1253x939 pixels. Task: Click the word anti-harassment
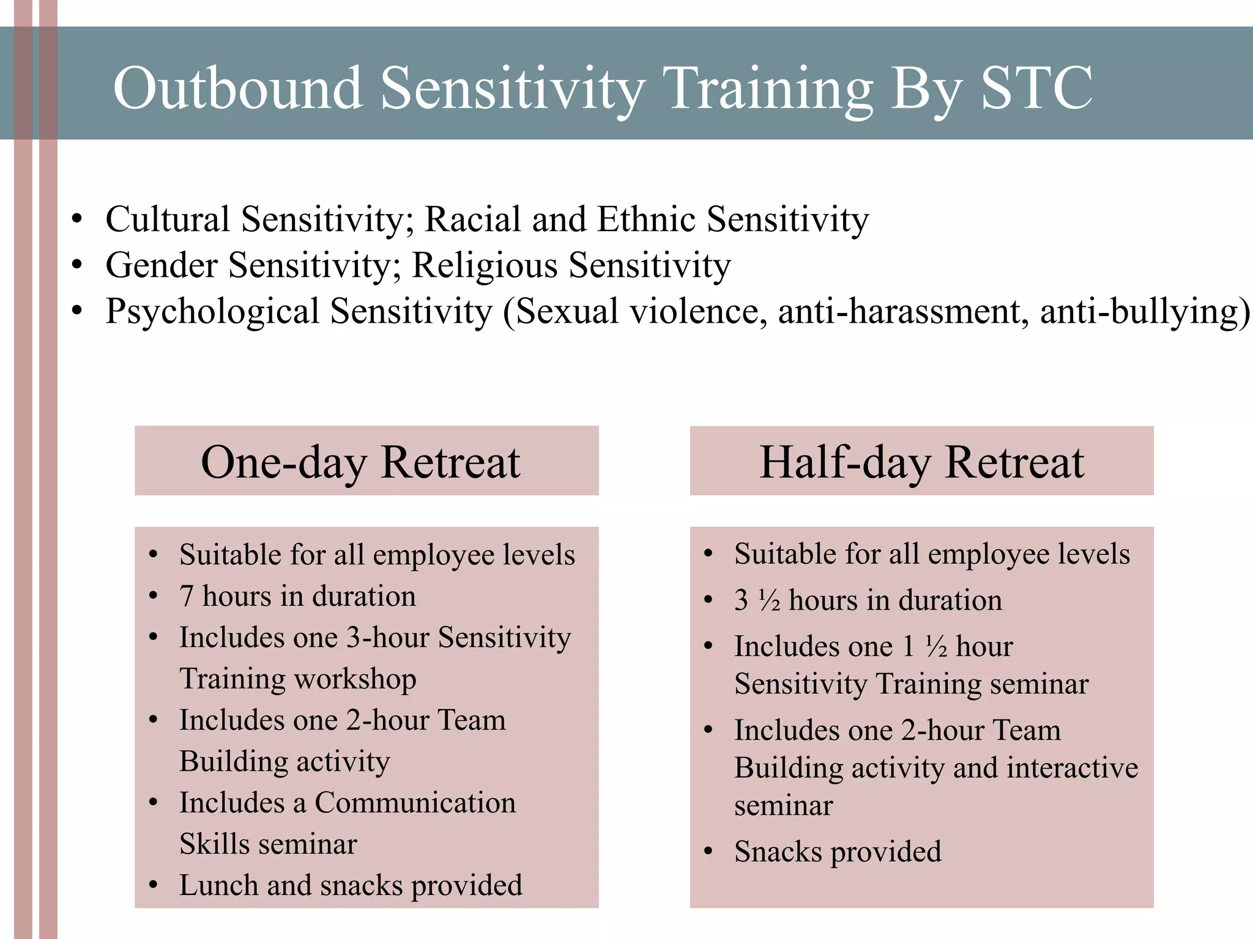(903, 311)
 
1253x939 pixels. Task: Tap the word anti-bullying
(1139, 312)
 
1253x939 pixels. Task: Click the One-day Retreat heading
(360, 462)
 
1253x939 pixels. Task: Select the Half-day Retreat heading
(921, 462)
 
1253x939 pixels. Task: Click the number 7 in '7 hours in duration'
(186, 596)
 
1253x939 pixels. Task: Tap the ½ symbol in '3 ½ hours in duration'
(769, 601)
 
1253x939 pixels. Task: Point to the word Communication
(415, 803)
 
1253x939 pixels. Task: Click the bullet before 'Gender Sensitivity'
(76, 265)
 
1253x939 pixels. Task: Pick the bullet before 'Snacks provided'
(708, 852)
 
